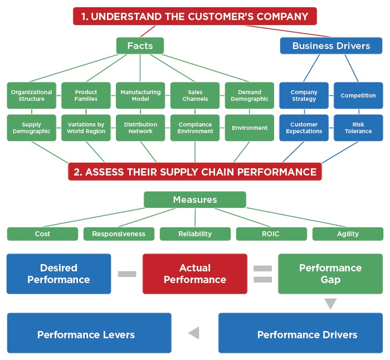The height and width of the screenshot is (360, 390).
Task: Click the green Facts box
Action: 140,46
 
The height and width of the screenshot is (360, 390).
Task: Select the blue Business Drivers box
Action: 331,46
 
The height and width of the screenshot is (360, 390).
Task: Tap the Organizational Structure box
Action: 31,95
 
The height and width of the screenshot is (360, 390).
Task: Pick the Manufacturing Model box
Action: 140,95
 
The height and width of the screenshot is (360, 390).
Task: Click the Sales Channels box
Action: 195,95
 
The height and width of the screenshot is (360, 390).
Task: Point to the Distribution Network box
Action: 140,128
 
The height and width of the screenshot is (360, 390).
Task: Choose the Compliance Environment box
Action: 195,128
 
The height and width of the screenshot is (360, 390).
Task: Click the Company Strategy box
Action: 304,95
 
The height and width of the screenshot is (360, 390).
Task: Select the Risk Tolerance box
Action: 358,128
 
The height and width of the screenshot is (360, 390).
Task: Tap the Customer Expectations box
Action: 304,128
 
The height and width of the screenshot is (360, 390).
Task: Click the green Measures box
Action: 194,200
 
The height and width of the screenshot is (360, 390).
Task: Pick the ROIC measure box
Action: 271,234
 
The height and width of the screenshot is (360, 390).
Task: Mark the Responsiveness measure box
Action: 119,234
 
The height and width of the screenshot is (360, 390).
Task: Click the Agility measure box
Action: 348,234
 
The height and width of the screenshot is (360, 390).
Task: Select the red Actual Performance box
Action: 195,274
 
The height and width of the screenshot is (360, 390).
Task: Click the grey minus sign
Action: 127,274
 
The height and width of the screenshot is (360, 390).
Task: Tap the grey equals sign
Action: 262,274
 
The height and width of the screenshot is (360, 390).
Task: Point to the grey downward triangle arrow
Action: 331,304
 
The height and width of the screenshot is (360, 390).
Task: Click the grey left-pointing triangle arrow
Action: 194,333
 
